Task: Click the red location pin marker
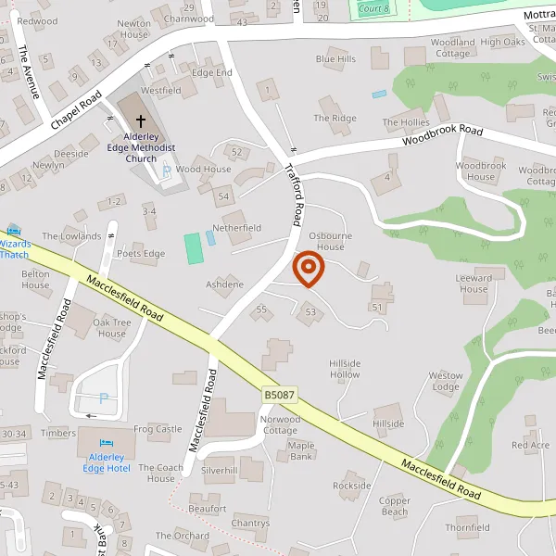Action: [x=308, y=270]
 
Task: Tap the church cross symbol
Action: [x=141, y=120]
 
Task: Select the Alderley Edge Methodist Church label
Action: [x=141, y=146]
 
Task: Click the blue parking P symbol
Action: [x=104, y=399]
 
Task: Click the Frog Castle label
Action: [x=158, y=429]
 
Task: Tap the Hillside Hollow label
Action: [x=345, y=369]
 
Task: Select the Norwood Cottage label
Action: [x=279, y=424]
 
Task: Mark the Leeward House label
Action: [x=474, y=283]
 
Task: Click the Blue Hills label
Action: [x=335, y=59]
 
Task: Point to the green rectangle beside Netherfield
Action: [x=193, y=247]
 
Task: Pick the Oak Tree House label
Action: [x=111, y=328]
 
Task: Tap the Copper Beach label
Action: [x=394, y=506]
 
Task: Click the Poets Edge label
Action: [x=141, y=254]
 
